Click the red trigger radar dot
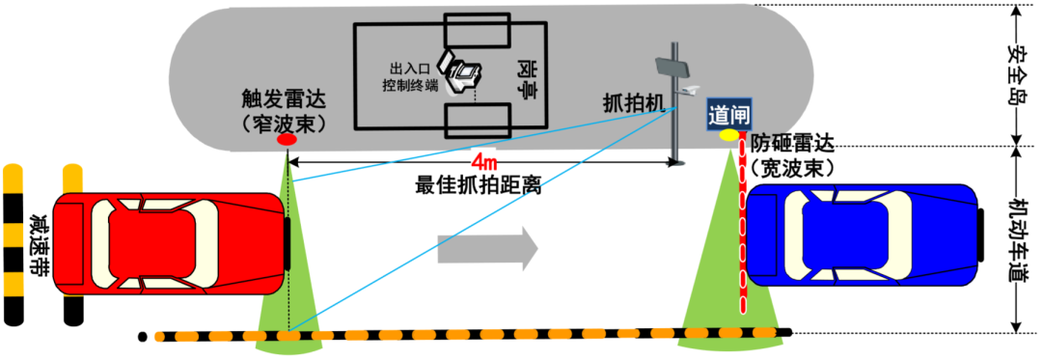(287, 141)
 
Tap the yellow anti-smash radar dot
(727, 133)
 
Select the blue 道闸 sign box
(726, 112)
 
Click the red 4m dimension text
(484, 158)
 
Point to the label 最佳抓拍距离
(478, 185)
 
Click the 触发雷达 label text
(285, 98)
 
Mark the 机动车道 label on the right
(1016, 240)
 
